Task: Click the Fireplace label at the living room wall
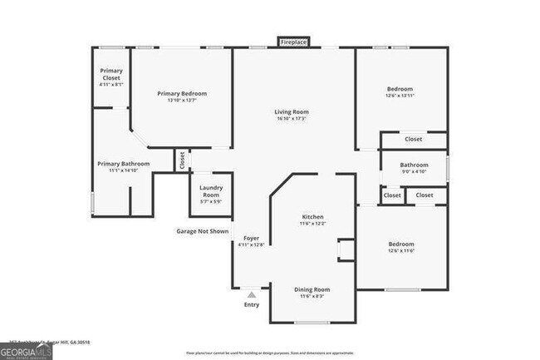click(x=292, y=42)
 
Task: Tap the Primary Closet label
click(x=110, y=73)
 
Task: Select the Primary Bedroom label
click(x=182, y=93)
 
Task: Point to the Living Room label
click(x=292, y=111)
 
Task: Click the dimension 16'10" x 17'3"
click(x=292, y=119)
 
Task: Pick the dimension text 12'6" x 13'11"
click(x=400, y=96)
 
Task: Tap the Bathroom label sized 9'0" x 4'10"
click(x=414, y=165)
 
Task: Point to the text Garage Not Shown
click(x=202, y=231)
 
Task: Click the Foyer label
click(x=250, y=238)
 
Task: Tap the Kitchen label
click(x=312, y=216)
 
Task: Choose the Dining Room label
click(x=312, y=288)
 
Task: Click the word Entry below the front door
click(x=251, y=304)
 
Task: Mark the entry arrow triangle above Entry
click(x=251, y=293)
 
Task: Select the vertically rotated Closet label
click(x=182, y=160)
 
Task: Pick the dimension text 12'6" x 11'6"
click(x=401, y=250)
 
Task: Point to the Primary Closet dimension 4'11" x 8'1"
click(x=110, y=84)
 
